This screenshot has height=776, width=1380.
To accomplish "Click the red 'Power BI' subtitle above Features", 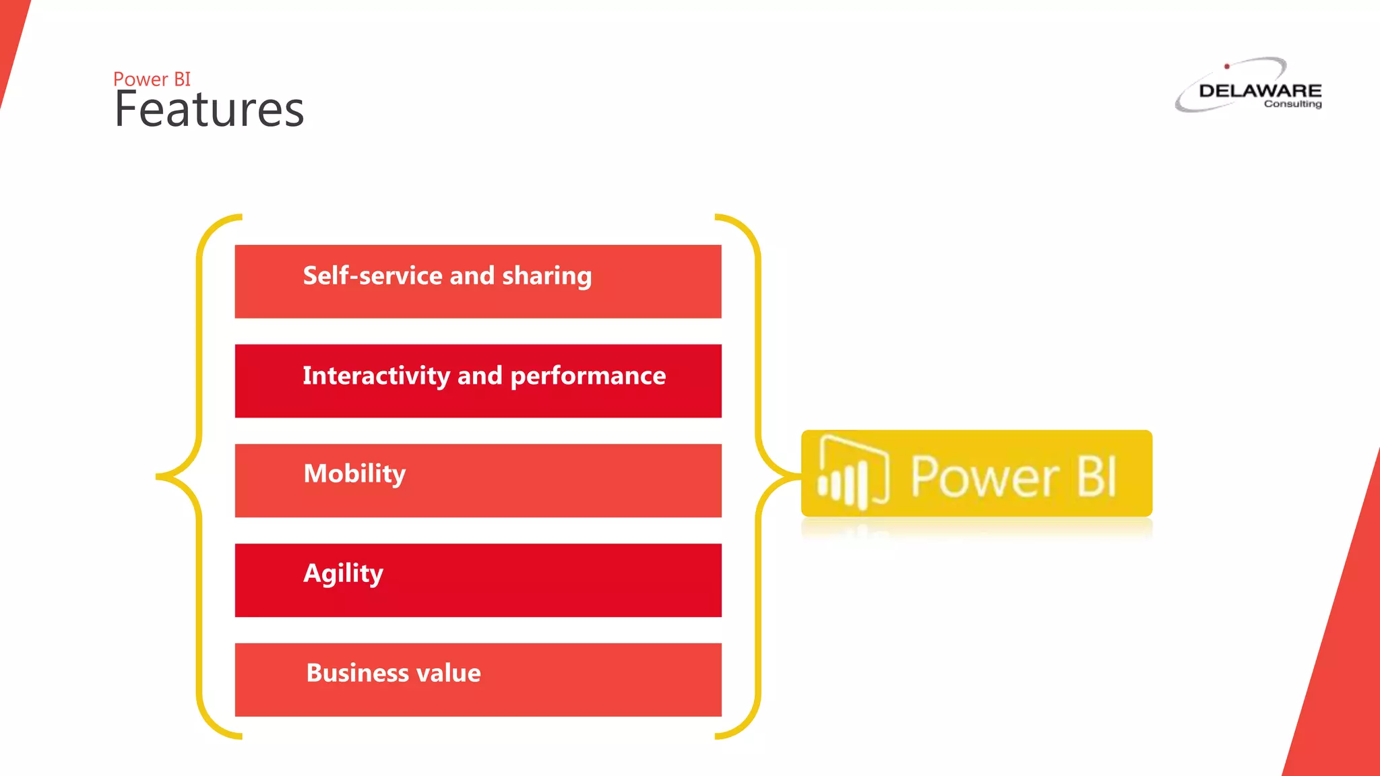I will [152, 79].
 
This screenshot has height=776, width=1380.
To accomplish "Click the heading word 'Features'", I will [209, 110].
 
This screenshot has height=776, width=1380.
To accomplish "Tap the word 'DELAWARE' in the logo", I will [1260, 90].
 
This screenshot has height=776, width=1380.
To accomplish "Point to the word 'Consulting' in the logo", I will [1292, 104].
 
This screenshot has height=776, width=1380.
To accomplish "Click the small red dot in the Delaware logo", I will [1227, 66].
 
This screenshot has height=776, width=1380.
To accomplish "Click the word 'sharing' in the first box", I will [546, 276].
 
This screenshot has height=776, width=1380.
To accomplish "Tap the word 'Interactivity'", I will [375, 375].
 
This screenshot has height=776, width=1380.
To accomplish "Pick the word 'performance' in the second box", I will [588, 376].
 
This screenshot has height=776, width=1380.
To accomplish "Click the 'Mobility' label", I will [354, 474].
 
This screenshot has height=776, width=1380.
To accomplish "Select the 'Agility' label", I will [343, 573].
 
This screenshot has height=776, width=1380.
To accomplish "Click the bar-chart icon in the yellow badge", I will [852, 474].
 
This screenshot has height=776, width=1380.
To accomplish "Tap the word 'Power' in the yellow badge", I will [984, 476].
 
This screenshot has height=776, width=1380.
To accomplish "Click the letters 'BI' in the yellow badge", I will [1096, 476].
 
